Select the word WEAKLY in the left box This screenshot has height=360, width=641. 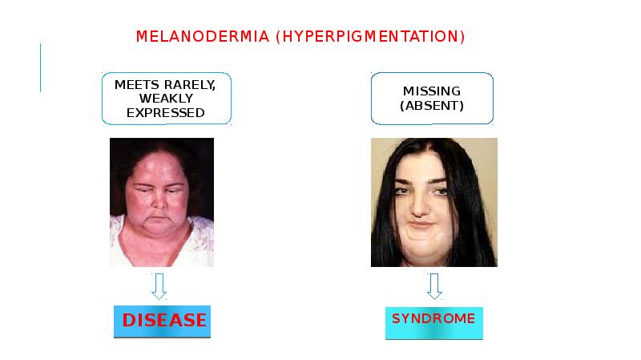point(166,98)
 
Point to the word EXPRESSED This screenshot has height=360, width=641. point(166,112)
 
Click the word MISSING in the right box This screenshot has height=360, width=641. point(432,91)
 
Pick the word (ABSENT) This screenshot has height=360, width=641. point(432,105)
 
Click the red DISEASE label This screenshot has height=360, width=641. point(163,321)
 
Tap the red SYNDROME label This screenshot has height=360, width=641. point(433,319)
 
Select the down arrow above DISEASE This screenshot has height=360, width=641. point(159,285)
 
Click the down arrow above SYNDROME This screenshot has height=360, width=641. point(434,285)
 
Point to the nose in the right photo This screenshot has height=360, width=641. point(429,200)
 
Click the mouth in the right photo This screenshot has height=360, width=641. point(429,218)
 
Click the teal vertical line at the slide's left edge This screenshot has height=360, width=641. point(41,67)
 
